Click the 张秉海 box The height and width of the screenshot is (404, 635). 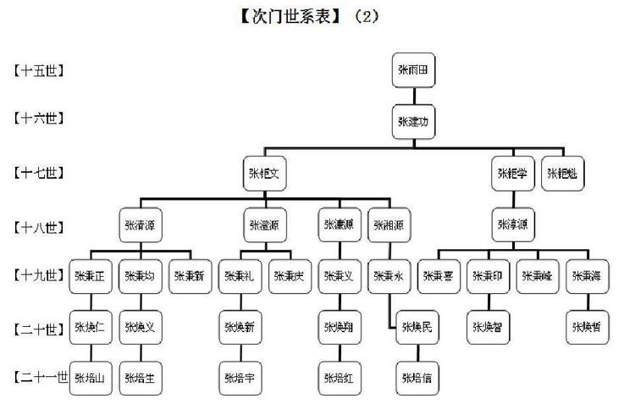(588, 276)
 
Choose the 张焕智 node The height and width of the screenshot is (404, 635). (489, 327)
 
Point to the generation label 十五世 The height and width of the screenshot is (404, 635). (40, 70)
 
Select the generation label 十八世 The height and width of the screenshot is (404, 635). (40, 227)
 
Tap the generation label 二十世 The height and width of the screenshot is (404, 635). (40, 328)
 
